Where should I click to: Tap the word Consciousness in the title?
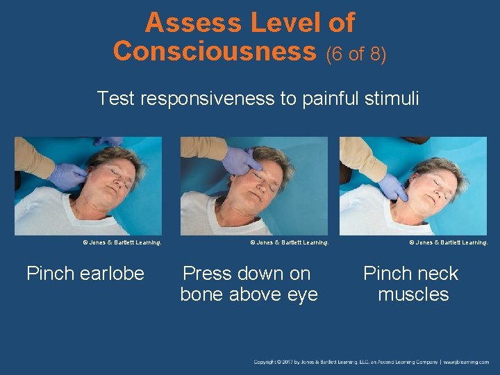point(214,51)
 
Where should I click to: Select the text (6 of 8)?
point(356,53)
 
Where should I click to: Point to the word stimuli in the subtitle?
point(393,99)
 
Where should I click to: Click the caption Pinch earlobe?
point(85,274)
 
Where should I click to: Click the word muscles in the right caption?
point(413,294)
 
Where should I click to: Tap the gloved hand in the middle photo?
point(237,161)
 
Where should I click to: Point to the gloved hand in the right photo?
point(392,185)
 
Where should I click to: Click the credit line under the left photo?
point(122,242)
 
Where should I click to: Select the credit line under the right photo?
point(449,242)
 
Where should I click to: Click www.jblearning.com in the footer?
point(466,362)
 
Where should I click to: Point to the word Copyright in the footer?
point(266,362)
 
